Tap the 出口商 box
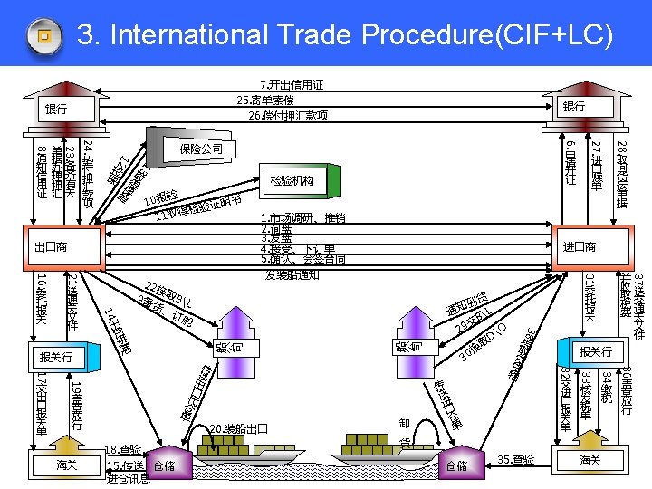(51, 246)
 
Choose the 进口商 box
(580, 246)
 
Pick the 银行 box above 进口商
(573, 107)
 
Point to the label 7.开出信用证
(292, 85)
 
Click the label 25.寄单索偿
(264, 101)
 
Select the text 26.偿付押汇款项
(288, 116)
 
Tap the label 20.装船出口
(237, 428)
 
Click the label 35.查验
(516, 460)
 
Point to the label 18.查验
(123, 449)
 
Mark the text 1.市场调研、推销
(302, 218)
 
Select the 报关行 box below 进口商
(595, 351)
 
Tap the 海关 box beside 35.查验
(590, 462)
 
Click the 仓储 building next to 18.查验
(164, 464)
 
